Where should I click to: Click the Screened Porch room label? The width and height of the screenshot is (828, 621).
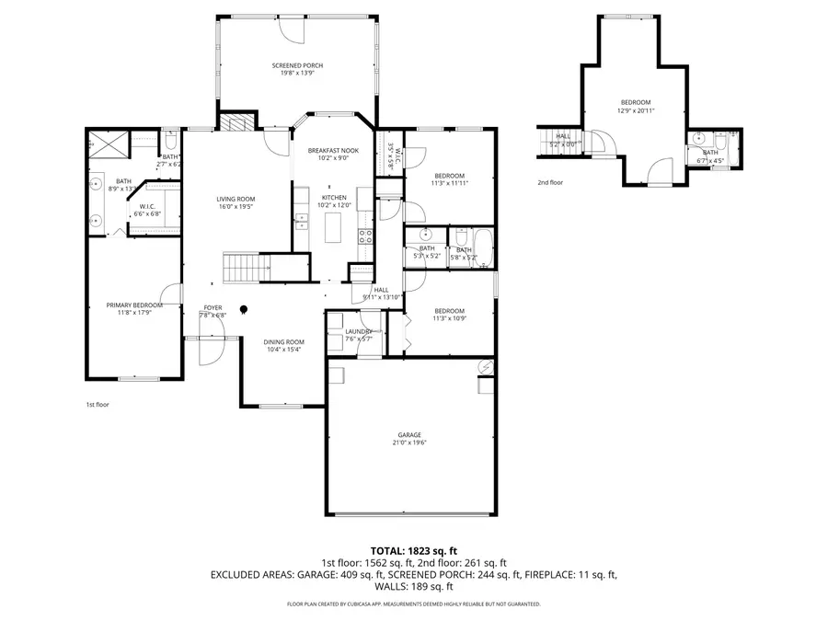(297, 65)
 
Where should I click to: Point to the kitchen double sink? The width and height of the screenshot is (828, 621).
(299, 219)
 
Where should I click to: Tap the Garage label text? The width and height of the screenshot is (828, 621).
(409, 434)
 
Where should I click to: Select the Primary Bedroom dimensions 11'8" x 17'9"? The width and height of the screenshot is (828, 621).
(133, 314)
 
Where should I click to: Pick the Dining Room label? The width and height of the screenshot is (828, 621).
(285, 341)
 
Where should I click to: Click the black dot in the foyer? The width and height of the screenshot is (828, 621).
(245, 309)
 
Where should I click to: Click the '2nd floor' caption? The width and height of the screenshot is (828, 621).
(551, 182)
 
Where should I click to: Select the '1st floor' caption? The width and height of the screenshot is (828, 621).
(97, 404)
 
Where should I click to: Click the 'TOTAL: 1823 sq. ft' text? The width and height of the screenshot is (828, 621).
(413, 549)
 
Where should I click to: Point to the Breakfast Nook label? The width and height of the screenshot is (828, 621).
(333, 150)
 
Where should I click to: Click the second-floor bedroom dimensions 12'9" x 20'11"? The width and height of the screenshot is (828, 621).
(635, 110)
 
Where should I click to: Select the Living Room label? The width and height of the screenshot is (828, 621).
(236, 199)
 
